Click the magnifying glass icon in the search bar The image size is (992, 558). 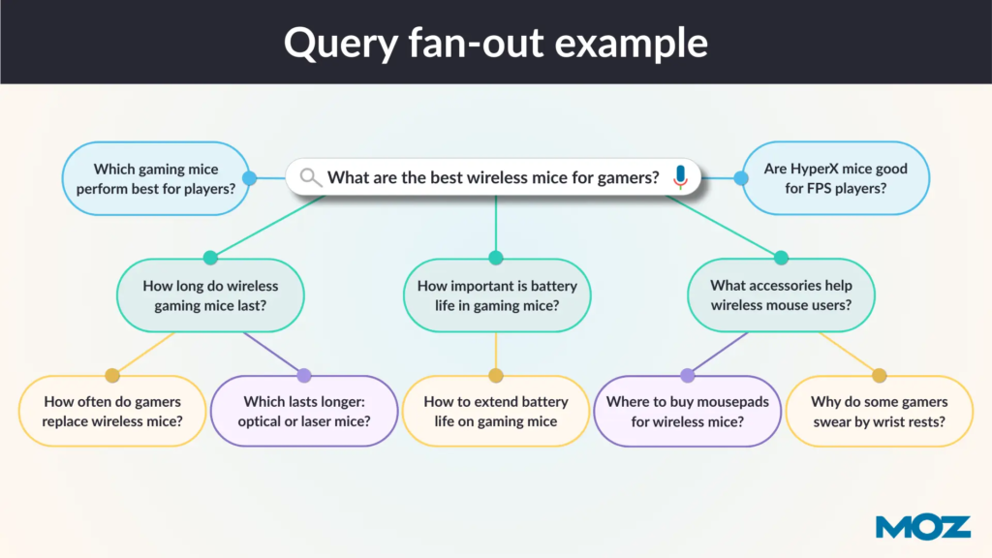coord(310,177)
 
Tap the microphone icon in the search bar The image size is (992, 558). coord(680,177)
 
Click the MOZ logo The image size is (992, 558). coord(922,526)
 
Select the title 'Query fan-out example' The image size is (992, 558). coord(495,43)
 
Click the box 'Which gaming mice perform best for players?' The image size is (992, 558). coord(155,178)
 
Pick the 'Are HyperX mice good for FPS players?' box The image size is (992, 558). coord(835,178)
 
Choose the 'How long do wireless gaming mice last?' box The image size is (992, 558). coord(210,296)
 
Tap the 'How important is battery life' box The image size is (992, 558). coord(496,296)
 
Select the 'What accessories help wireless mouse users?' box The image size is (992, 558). coord(781,296)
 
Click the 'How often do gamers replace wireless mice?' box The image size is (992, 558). coord(112,412)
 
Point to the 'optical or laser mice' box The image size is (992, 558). coord(304,412)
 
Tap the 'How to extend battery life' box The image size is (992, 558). coord(496,412)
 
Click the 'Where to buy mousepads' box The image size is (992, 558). coord(688,412)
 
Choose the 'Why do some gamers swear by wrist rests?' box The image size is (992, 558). coord(879,412)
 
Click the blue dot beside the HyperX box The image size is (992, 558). coord(741,178)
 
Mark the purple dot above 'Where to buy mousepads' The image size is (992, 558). coord(688,375)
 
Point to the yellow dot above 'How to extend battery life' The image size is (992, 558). coord(496,375)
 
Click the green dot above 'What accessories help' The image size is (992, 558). coord(781,258)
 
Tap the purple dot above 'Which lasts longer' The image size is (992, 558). coord(304,375)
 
